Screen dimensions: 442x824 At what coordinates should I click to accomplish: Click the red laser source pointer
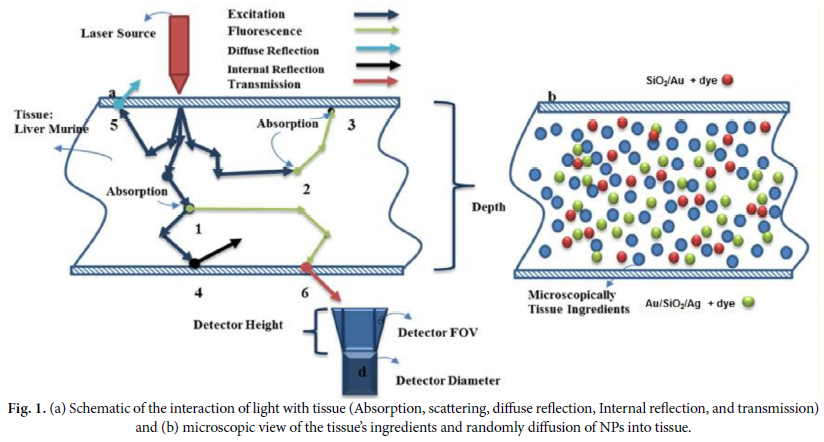(180, 50)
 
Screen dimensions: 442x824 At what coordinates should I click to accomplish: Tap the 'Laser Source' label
(118, 33)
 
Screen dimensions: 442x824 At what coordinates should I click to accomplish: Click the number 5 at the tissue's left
(114, 127)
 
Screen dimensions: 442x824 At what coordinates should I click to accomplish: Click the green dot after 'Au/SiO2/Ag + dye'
(749, 300)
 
